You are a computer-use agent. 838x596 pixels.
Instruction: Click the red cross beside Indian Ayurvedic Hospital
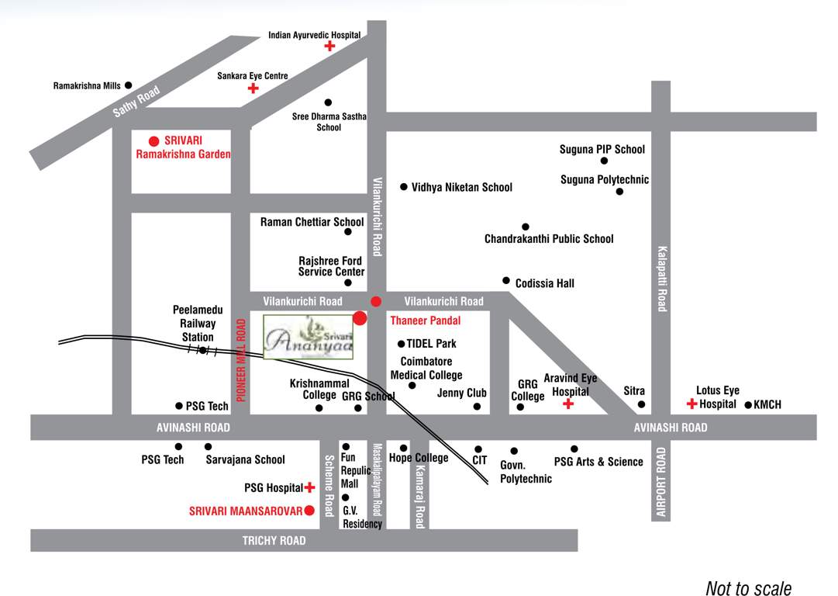point(329,47)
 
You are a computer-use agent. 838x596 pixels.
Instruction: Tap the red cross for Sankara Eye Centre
point(253,88)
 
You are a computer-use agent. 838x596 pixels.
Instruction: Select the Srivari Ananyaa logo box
point(309,338)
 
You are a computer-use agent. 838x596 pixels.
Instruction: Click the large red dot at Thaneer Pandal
point(360,317)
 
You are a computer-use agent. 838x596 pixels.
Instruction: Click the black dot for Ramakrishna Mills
point(129,85)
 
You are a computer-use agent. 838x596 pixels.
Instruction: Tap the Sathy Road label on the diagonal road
point(136,102)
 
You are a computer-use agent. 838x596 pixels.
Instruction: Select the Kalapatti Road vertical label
point(662,279)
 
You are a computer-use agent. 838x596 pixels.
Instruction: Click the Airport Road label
point(661,482)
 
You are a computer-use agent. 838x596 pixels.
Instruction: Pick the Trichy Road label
point(274,540)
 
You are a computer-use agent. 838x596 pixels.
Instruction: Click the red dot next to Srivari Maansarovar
point(309,511)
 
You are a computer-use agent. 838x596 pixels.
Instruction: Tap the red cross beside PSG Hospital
point(310,487)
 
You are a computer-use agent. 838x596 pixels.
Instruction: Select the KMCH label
point(767,405)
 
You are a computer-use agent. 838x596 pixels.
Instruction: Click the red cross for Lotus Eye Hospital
point(691,404)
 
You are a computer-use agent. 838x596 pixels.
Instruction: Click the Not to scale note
point(748,589)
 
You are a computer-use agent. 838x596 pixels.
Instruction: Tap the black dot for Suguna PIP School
point(604,161)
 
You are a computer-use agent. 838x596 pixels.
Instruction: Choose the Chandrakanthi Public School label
point(549,239)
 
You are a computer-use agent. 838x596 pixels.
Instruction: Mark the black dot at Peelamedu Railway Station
point(202,350)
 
